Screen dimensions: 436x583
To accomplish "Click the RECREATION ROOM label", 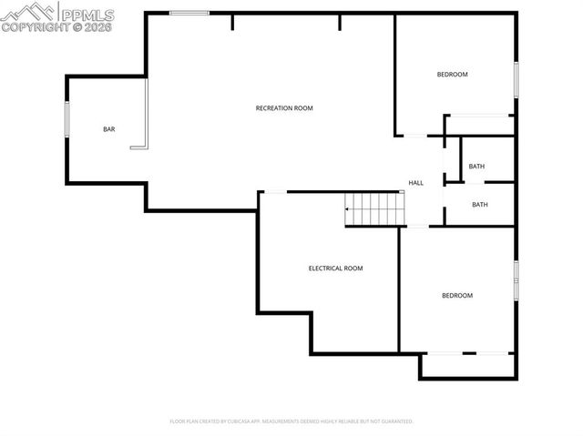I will (283, 108).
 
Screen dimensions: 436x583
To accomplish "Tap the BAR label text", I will (108, 130).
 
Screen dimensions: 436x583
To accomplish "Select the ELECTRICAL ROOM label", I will (335, 269).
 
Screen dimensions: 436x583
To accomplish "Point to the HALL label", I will (415, 183).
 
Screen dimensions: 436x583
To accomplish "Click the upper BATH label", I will (476, 167).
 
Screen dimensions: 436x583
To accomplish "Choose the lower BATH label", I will (479, 205).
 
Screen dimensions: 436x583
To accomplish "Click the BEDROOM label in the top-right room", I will (452, 75).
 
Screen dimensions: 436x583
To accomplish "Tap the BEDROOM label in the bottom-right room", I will (456, 295).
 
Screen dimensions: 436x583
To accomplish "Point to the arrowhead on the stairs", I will (347, 210).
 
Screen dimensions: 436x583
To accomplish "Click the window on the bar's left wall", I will (66, 118).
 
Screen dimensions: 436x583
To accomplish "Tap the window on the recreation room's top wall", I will (189, 13).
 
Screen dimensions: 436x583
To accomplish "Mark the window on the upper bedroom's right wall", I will (516, 78).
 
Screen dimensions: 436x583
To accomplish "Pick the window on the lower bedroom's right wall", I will (516, 279).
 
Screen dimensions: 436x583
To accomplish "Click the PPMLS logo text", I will (87, 14).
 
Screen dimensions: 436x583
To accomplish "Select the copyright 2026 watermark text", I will (56, 27).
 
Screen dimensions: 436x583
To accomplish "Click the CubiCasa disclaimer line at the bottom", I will (291, 421).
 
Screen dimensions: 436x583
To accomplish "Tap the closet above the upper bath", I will (479, 125).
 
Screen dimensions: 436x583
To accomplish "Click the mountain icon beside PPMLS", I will (29, 12).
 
